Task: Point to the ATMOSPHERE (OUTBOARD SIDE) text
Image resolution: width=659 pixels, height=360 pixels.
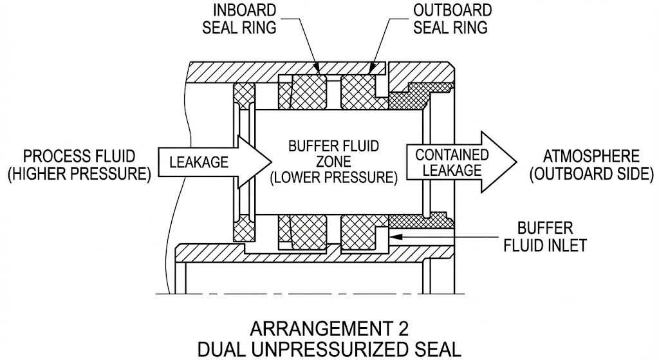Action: point(591,166)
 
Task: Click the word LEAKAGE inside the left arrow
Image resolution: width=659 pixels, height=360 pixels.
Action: point(199,162)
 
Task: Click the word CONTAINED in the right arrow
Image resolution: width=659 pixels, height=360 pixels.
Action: point(452,155)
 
